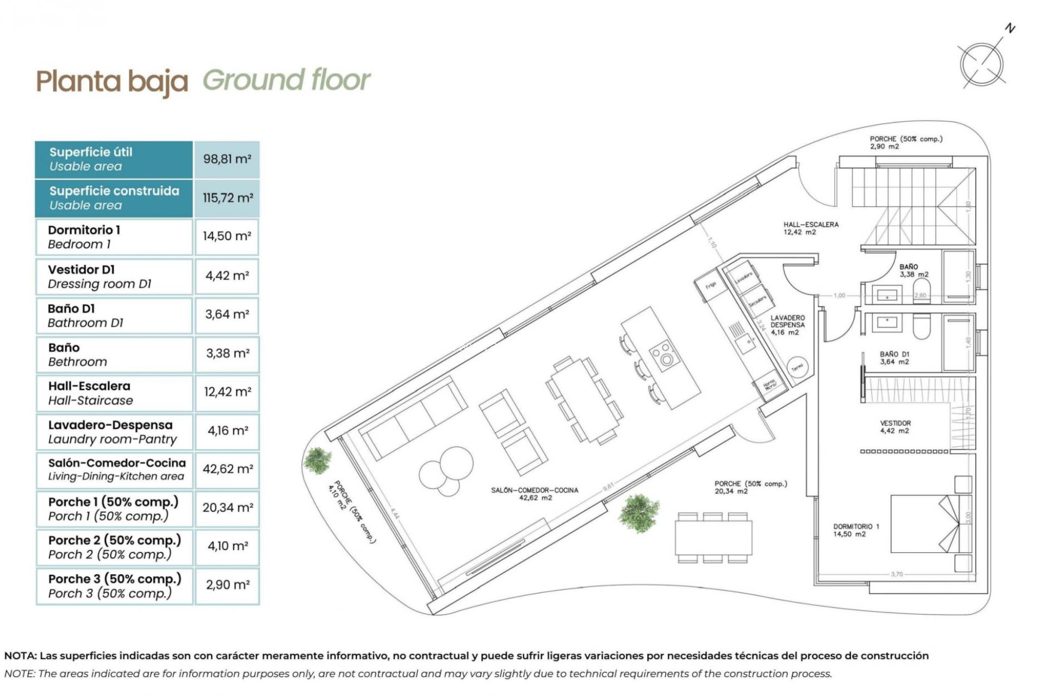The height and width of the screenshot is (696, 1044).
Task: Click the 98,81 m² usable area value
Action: coord(227,159)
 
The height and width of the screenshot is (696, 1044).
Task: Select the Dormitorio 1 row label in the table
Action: coord(84,237)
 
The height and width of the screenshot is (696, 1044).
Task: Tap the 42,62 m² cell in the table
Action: coord(227,469)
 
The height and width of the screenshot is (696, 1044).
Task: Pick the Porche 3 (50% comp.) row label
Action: coord(114,586)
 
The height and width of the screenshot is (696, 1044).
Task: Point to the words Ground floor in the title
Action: coord(287,80)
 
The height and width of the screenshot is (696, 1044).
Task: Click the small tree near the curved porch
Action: coord(318,460)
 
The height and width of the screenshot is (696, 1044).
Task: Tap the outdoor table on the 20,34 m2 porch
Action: coord(713,537)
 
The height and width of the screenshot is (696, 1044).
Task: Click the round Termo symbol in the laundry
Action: coord(797,368)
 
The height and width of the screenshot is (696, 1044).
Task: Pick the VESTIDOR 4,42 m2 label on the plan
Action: coord(895,427)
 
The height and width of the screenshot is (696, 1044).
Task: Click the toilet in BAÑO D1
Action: coord(921,326)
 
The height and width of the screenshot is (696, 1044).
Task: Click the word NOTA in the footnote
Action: coord(20,656)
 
